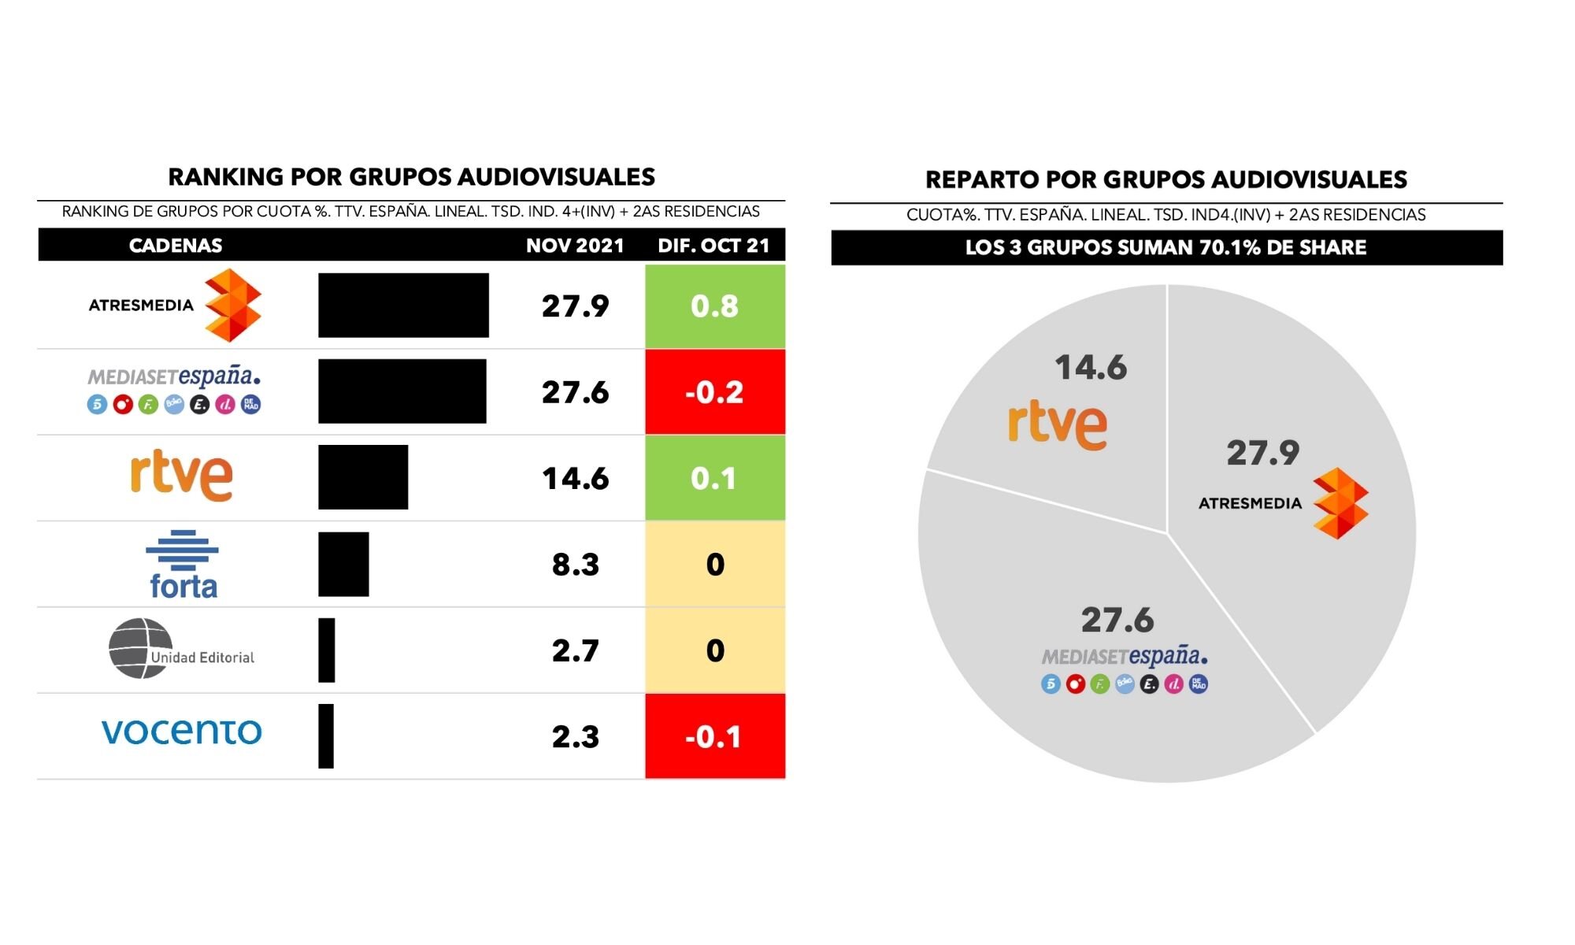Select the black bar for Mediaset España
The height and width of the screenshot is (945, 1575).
pos(402,391)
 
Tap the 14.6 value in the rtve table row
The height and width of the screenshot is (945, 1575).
pos(575,479)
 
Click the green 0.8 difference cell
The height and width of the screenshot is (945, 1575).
pos(714,306)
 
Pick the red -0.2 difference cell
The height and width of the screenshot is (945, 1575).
pos(714,392)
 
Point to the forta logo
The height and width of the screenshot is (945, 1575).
pos(182,564)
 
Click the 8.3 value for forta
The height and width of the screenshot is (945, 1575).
pos(575,565)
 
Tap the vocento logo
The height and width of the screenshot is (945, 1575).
pos(181,732)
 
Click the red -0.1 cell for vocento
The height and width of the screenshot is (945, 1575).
pos(714,737)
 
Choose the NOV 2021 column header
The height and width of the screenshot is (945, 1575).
pos(575,246)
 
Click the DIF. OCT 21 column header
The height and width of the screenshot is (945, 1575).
pos(713,246)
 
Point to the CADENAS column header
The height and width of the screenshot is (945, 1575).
pos(175,246)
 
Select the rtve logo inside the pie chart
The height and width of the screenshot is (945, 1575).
pos(1057,425)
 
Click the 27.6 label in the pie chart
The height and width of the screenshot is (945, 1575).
pos(1117,621)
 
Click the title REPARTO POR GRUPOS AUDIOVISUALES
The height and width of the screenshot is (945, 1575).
pos(1165,180)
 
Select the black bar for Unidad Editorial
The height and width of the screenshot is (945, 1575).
pos(326,650)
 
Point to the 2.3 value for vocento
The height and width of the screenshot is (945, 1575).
pos(575,737)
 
